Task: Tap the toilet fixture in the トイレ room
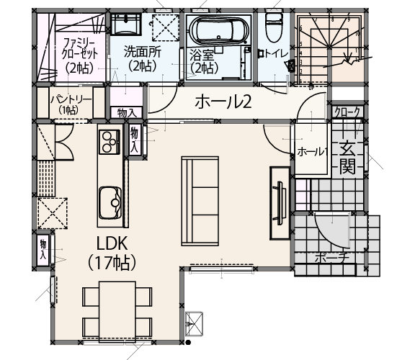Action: (x=272, y=27)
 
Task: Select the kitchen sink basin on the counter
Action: (x=110, y=202)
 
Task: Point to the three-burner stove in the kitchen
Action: (x=110, y=142)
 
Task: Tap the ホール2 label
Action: (x=223, y=102)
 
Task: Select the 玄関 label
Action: (x=347, y=158)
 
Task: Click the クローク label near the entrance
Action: (x=347, y=112)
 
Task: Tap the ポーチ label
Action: (x=331, y=258)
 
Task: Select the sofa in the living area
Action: (x=200, y=201)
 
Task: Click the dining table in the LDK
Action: (x=117, y=312)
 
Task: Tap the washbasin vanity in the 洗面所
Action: (x=125, y=24)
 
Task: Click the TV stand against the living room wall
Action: (x=280, y=203)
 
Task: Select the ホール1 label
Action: (x=313, y=152)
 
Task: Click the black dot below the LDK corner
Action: (x=188, y=343)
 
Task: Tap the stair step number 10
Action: (x=357, y=34)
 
